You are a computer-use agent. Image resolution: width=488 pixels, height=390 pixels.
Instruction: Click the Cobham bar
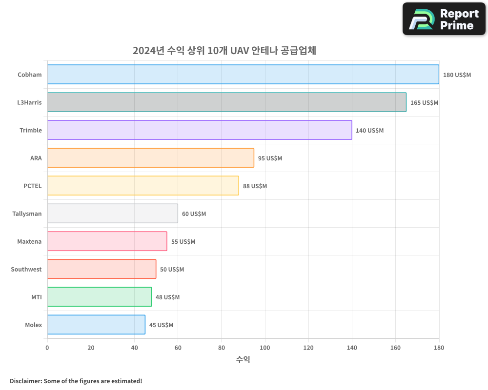click(243, 75)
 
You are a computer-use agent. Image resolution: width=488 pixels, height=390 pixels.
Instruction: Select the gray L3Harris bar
click(226, 102)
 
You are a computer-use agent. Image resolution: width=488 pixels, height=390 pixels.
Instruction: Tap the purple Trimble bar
click(200, 130)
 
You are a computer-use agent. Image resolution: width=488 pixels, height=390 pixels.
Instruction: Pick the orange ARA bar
click(150, 158)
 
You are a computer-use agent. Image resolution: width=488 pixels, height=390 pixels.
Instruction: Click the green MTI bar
click(100, 297)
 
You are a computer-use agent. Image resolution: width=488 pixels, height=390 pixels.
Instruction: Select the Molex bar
click(96, 325)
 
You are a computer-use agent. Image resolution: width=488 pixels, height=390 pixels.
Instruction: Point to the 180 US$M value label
click(457, 75)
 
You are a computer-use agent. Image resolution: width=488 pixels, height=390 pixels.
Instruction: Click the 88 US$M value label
click(255, 186)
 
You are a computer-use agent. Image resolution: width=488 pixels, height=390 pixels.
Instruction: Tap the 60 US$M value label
click(194, 214)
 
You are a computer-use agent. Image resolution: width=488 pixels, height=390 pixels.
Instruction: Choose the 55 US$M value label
click(183, 242)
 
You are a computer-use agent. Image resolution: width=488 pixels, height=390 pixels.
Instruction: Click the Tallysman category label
click(27, 214)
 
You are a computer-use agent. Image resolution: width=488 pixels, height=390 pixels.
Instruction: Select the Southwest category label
click(26, 269)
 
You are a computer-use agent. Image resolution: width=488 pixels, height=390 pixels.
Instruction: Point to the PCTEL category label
click(33, 186)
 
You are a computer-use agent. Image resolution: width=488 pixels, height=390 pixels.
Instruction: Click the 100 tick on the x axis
click(265, 348)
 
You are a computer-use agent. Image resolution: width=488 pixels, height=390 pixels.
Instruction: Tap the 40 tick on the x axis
click(134, 348)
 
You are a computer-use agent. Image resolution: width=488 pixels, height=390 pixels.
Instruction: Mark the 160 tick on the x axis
click(395, 348)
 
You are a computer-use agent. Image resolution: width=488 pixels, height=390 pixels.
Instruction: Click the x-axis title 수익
click(243, 360)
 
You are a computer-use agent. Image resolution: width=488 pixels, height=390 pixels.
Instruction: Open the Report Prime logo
click(444, 19)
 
